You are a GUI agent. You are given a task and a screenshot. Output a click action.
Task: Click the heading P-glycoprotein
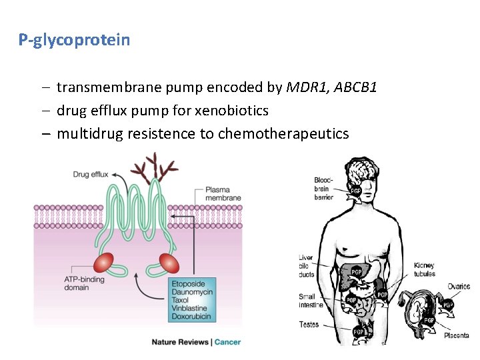tap(74, 40)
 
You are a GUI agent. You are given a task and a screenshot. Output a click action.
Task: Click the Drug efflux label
tap(91, 175)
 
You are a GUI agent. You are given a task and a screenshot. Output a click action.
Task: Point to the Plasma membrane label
tap(223, 193)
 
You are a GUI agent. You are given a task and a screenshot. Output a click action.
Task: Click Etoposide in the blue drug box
tap(189, 285)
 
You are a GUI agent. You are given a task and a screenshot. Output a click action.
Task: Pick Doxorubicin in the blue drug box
tap(192, 316)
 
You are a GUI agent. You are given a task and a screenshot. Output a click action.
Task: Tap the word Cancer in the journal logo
tap(227, 342)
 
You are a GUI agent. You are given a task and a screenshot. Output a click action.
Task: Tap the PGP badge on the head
tap(356, 191)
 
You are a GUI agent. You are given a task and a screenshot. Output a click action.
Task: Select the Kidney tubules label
tap(424, 269)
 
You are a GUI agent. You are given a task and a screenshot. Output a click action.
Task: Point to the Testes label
tap(309, 325)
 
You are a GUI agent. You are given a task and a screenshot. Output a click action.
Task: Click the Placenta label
tap(457, 335)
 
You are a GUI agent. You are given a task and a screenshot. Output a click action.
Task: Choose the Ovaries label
tap(458, 287)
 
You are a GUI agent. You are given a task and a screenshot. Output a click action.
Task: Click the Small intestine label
tap(311, 301)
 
